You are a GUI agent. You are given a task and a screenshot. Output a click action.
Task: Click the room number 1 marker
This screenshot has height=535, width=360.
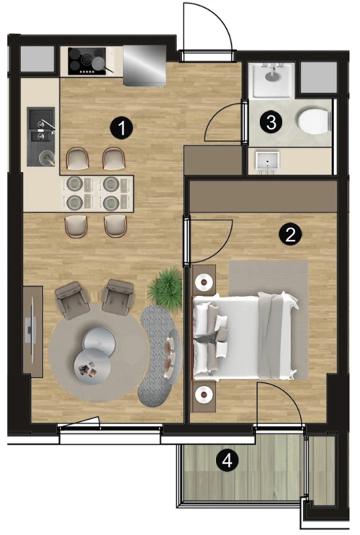(121, 128)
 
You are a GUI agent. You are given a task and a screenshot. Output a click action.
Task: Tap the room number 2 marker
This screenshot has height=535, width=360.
(290, 235)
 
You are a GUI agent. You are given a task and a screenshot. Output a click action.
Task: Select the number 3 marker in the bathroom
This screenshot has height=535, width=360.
(271, 122)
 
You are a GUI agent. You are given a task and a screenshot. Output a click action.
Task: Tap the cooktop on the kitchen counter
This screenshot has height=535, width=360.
(86, 61)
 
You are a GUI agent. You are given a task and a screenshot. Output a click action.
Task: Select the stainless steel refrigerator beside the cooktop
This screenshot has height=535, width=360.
(144, 66)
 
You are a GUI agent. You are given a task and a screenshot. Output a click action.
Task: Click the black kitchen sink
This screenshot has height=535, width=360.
(41, 137)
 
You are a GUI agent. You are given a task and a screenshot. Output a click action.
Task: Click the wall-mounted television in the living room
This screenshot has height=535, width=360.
(31, 331)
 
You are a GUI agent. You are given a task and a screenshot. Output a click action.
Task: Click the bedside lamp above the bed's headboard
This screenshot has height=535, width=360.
(204, 282)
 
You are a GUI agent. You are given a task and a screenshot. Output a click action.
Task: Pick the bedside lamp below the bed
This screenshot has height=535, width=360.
(204, 395)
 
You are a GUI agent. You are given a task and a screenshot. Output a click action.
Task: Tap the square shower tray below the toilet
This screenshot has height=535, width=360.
(268, 161)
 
